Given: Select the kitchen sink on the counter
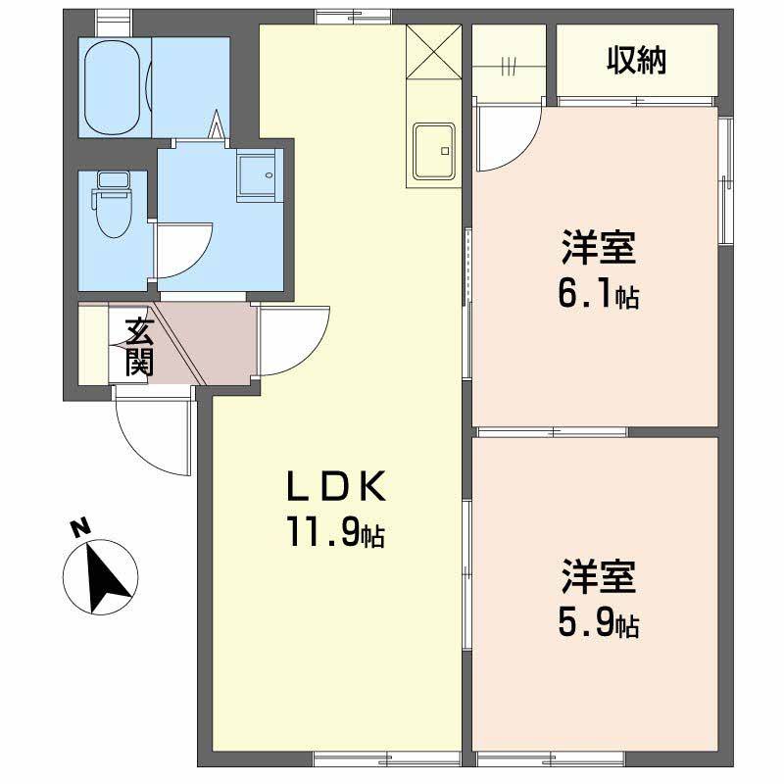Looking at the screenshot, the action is pyautogui.click(x=434, y=151).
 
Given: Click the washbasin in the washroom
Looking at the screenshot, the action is pyautogui.click(x=256, y=174).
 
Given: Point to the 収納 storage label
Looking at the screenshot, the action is pyautogui.click(x=637, y=61).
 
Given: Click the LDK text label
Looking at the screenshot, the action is pyautogui.click(x=336, y=486).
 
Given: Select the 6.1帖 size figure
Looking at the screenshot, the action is pyautogui.click(x=599, y=294).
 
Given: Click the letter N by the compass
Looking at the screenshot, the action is pyautogui.click(x=80, y=528).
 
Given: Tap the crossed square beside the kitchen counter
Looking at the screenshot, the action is pyautogui.click(x=434, y=52).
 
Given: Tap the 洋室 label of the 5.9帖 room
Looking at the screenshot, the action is pyautogui.click(x=599, y=576).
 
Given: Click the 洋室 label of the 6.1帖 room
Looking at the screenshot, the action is pyautogui.click(x=599, y=247).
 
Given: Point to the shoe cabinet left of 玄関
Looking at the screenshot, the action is pyautogui.click(x=93, y=345).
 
